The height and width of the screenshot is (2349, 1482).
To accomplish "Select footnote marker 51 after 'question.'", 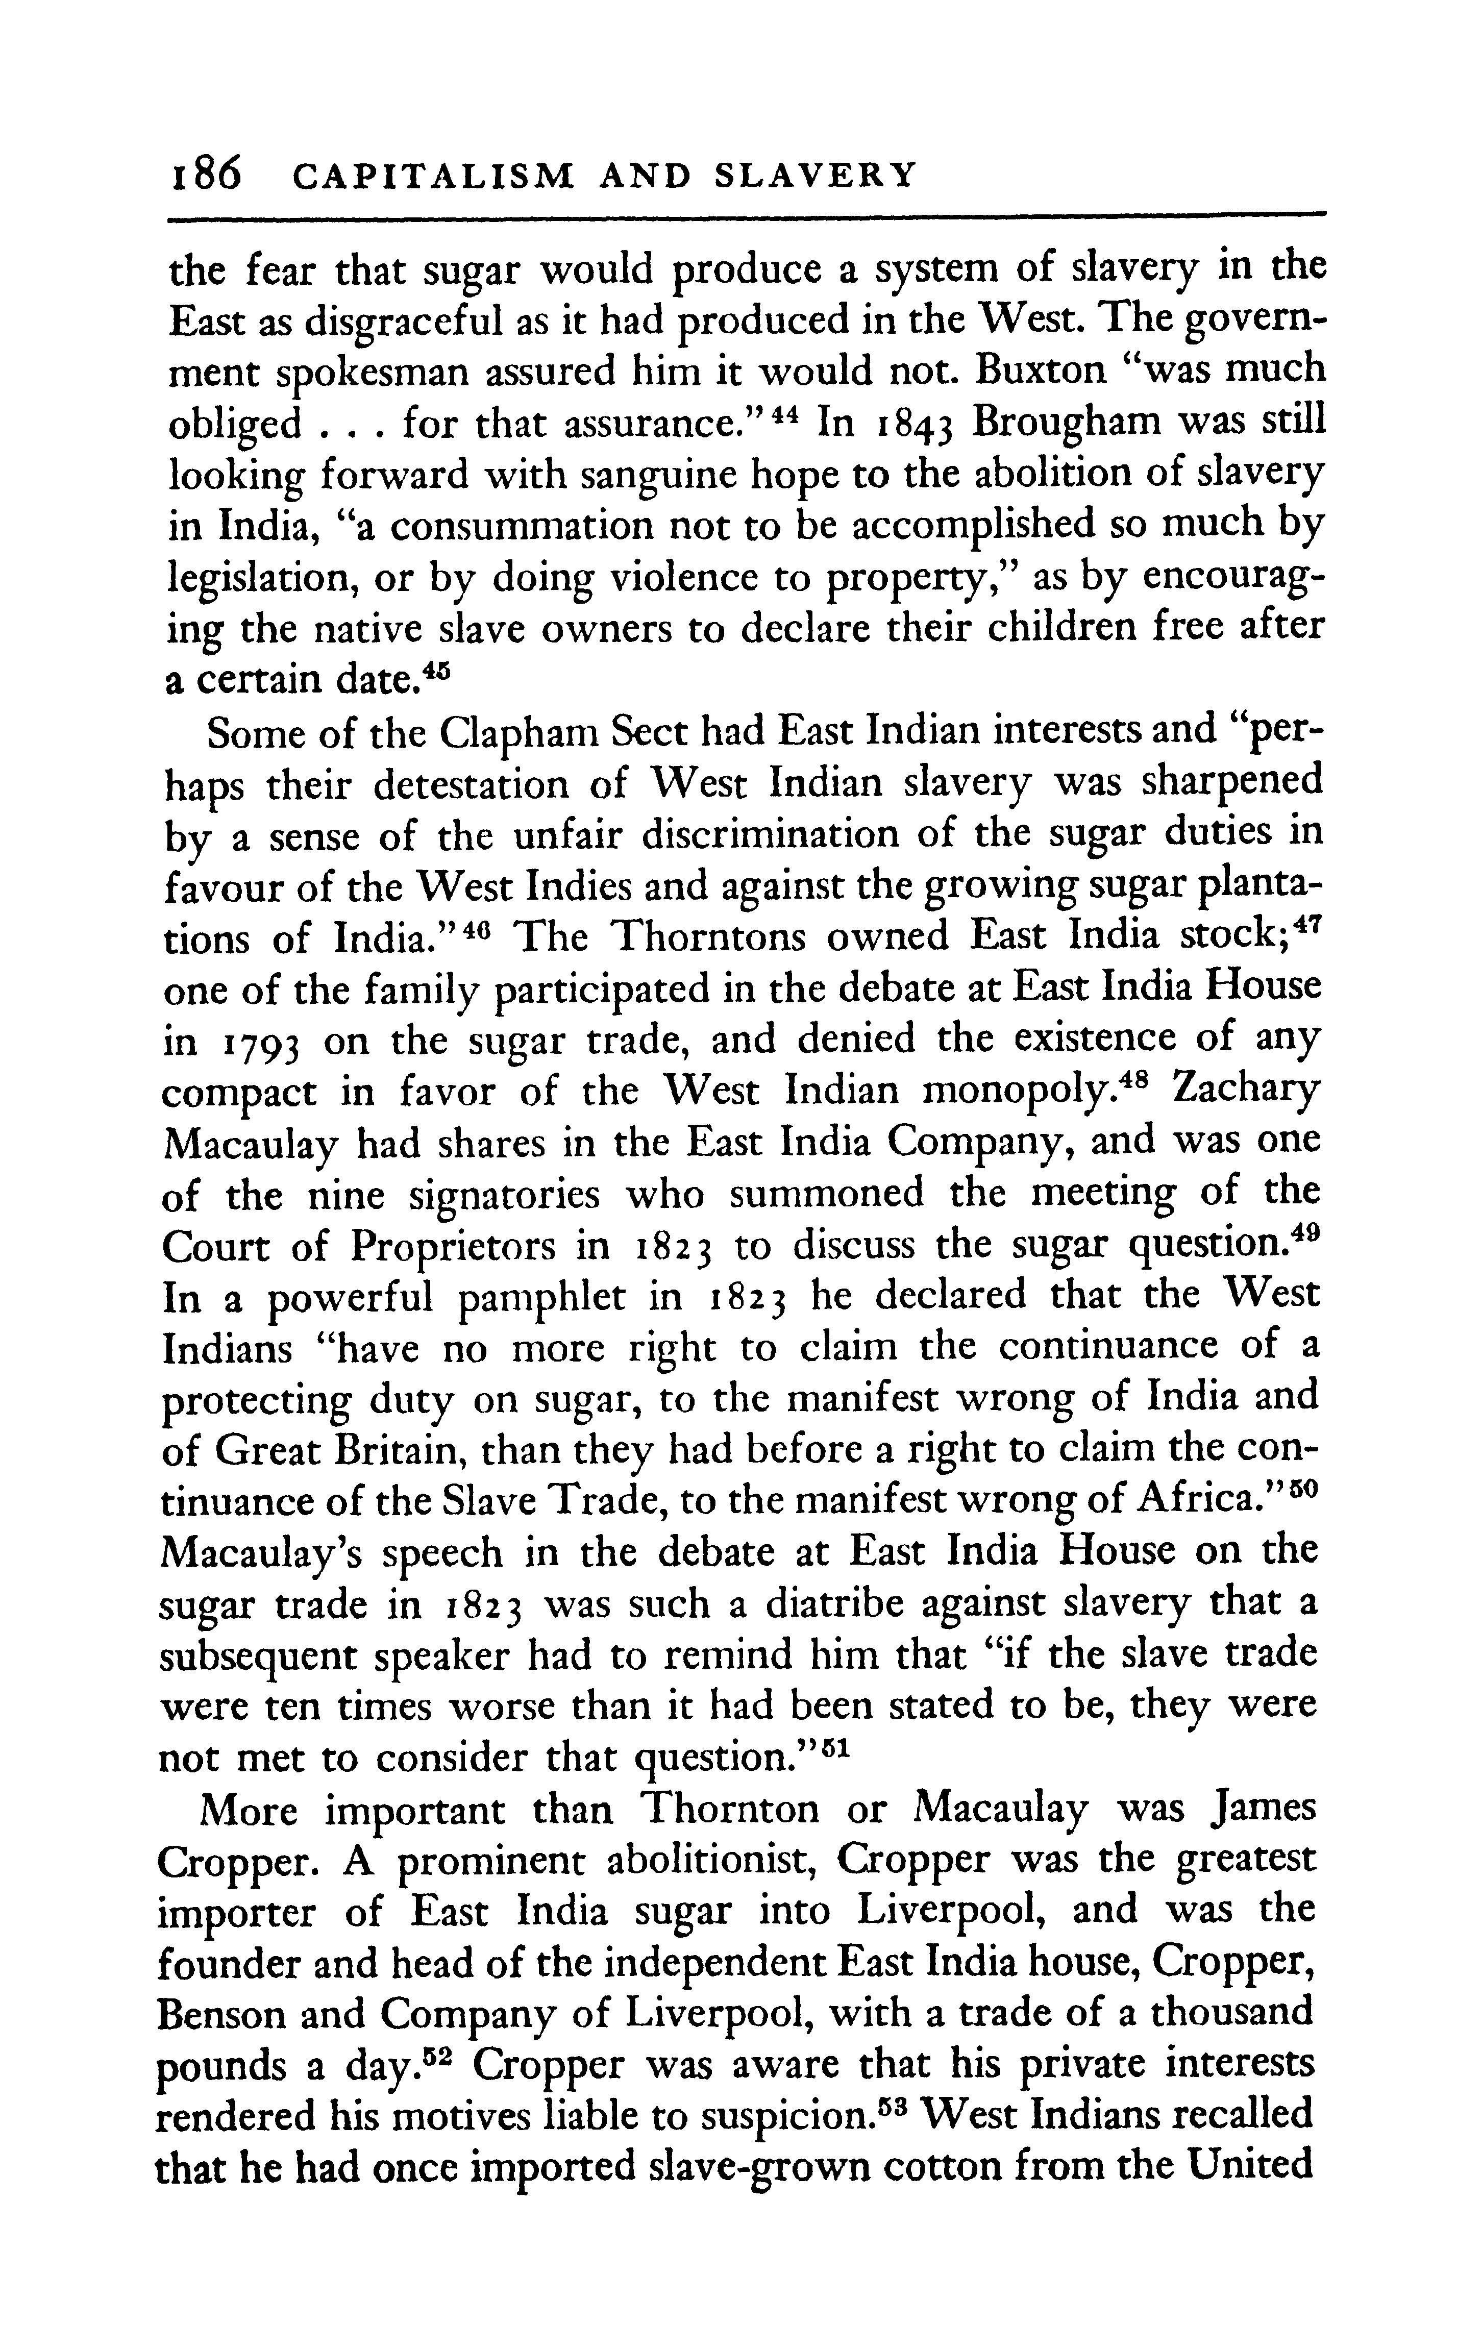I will point(838,1744).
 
